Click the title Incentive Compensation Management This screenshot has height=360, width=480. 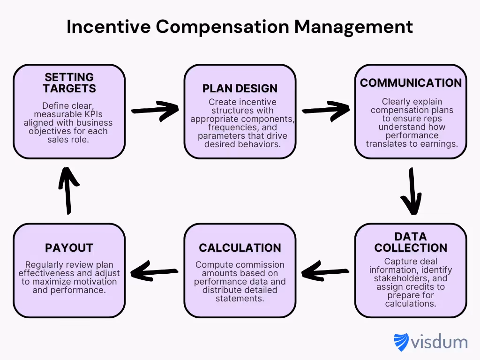click(x=240, y=27)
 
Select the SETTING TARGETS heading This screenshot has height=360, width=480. click(x=69, y=82)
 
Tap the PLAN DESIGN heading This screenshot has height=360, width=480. click(x=240, y=88)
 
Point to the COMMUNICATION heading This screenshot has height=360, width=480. click(x=411, y=83)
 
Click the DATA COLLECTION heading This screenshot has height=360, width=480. click(x=411, y=242)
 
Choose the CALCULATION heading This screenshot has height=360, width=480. click(x=240, y=247)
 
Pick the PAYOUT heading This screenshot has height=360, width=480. click(x=69, y=247)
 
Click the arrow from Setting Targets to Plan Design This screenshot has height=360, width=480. click(x=155, y=110)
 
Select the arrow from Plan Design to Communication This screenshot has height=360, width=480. click(x=325, y=110)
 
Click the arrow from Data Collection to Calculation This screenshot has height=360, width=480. click(x=325, y=271)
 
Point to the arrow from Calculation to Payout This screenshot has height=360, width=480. click(x=155, y=271)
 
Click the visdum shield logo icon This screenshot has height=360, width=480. click(x=401, y=342)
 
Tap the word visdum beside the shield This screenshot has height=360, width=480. click(x=439, y=342)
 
